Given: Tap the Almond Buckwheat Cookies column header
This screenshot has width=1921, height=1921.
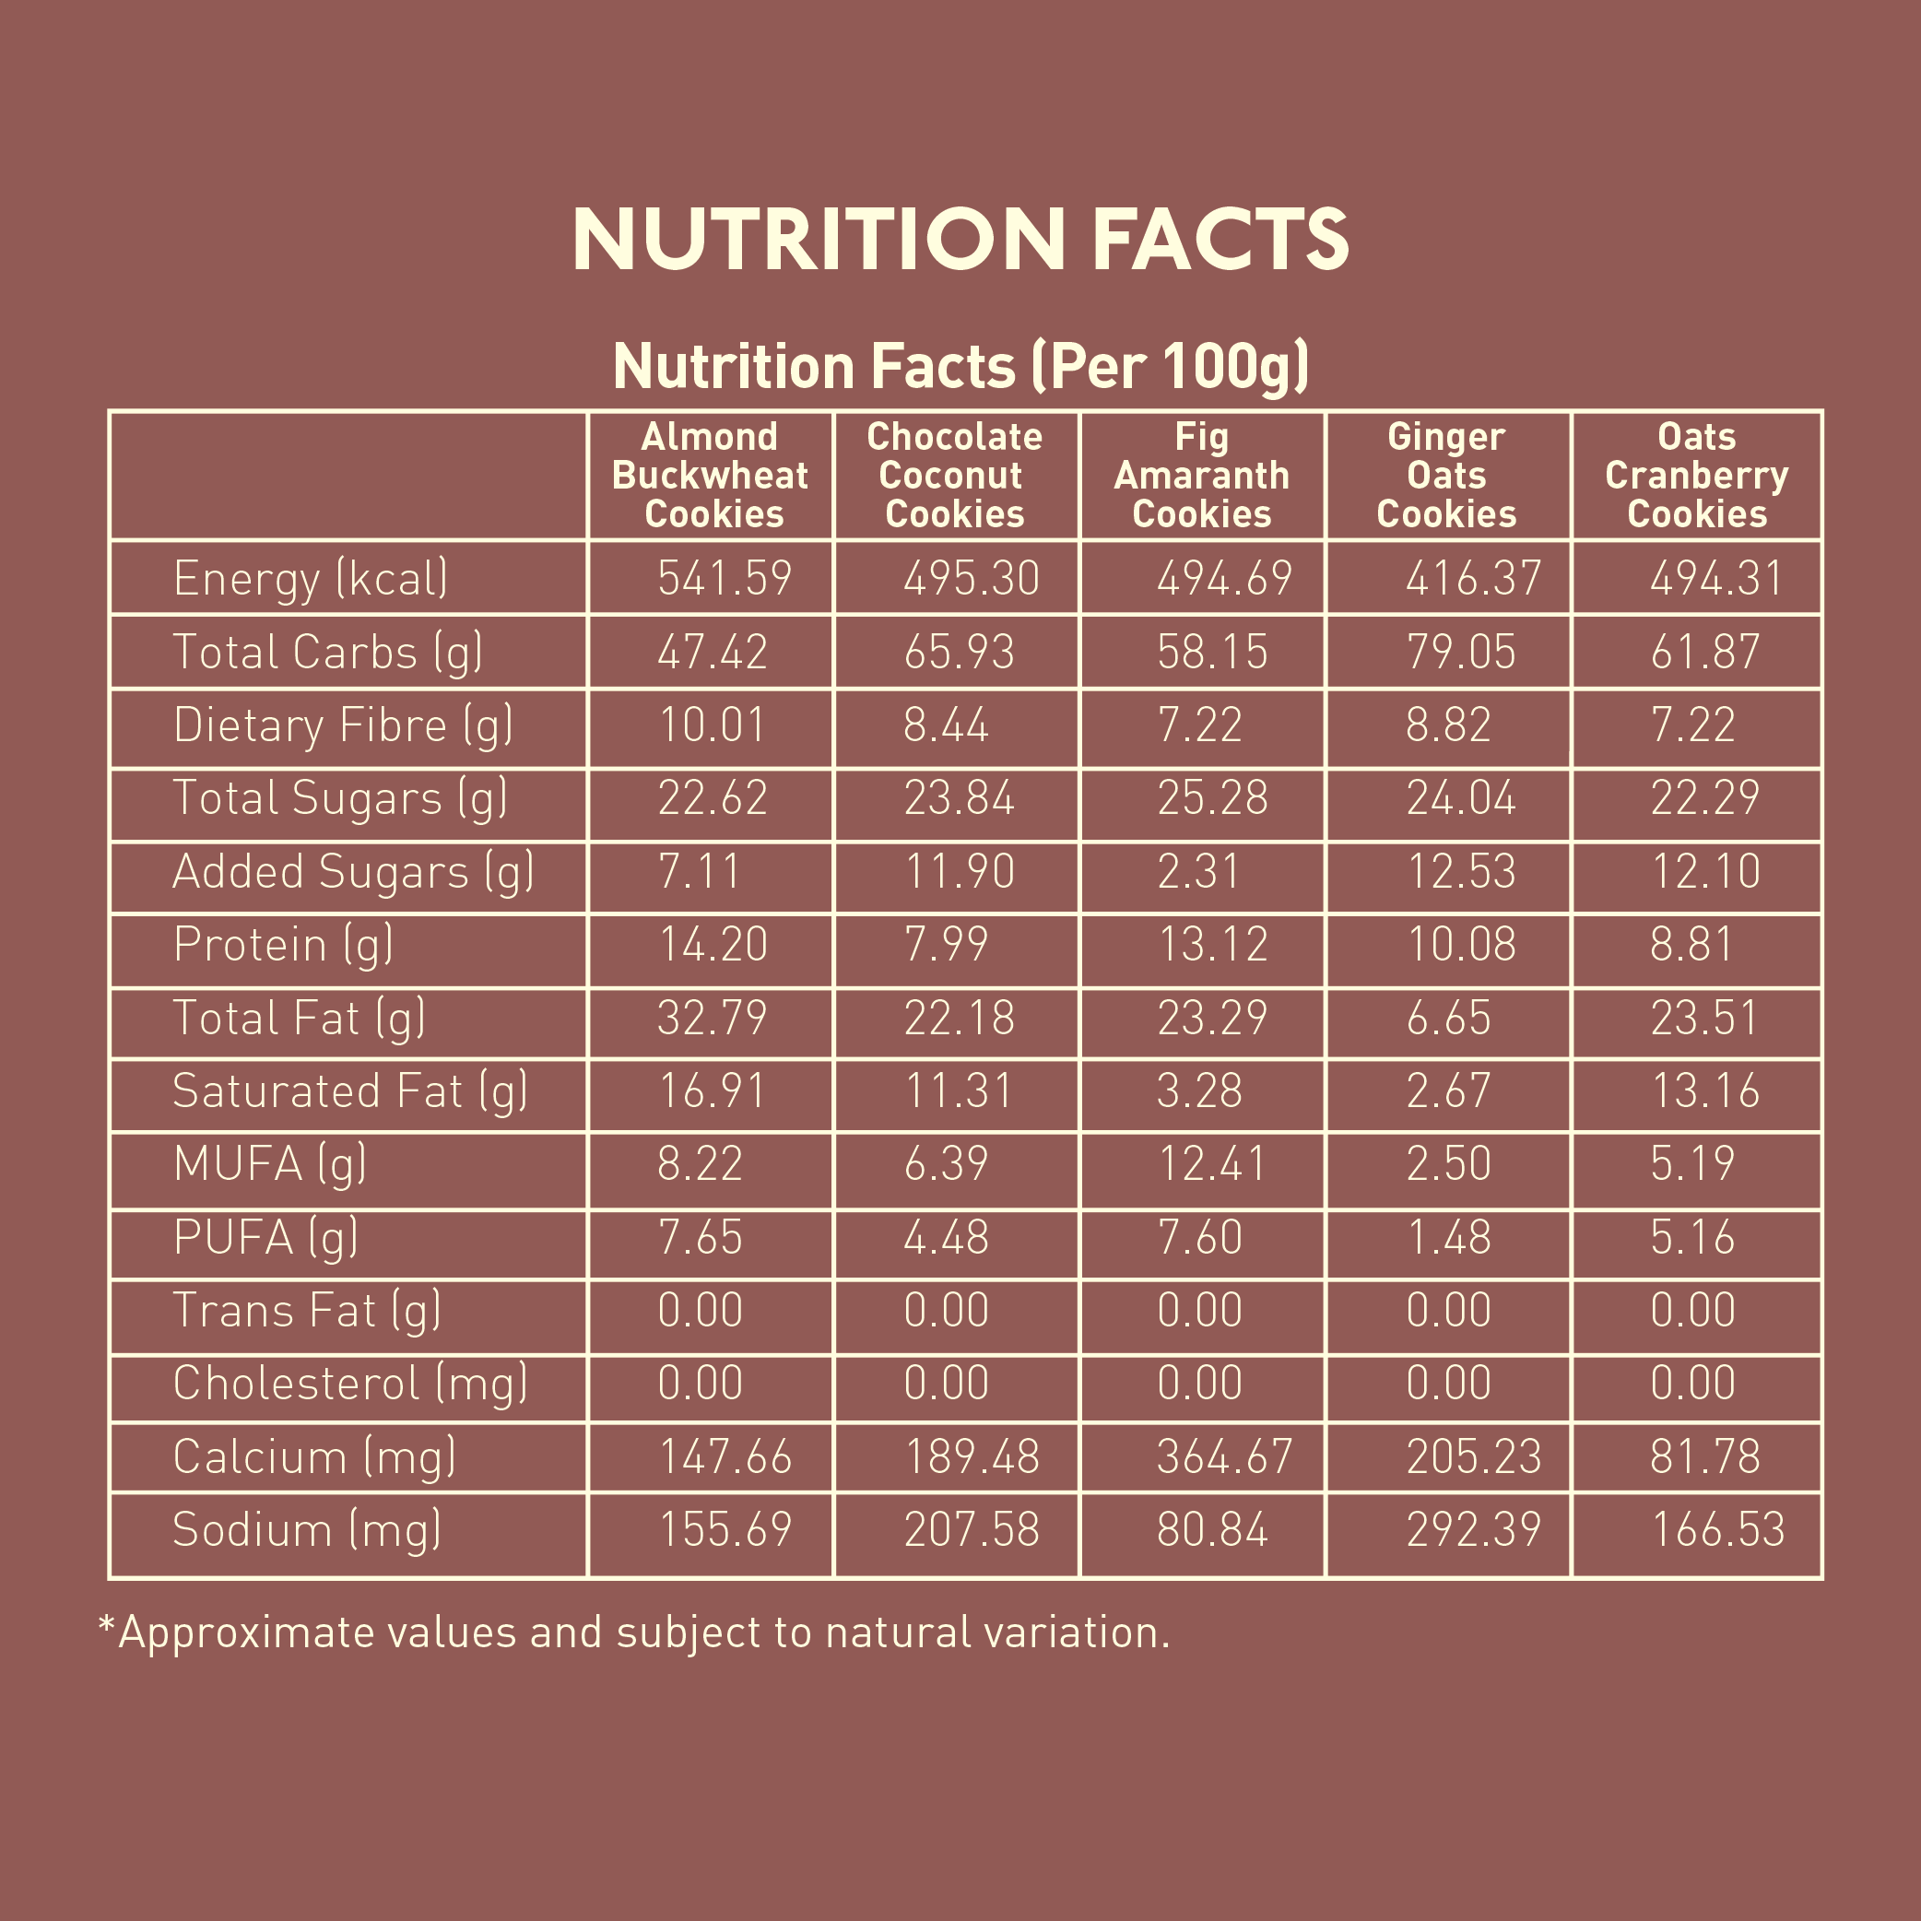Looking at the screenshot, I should coord(710,476).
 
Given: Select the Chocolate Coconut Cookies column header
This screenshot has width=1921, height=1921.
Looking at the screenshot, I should coord(955,476).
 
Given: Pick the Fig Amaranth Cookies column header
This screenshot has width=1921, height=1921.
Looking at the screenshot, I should coord(1201,476).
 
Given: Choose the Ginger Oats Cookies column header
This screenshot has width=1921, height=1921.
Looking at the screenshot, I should coord(1445,476).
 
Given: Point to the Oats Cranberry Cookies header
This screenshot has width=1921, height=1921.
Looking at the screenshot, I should coord(1696,476).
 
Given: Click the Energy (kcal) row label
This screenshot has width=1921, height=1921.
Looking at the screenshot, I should coord(311,579).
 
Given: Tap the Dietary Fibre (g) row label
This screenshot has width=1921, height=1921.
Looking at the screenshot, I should coord(343,725).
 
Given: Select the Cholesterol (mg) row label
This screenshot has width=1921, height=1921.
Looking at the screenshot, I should coord(350,1383).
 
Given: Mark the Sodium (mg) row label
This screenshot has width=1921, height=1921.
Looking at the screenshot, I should coord(307,1529).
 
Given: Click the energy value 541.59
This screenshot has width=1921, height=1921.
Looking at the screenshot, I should coord(724,579).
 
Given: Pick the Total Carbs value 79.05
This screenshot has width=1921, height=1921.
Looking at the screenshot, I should coord(1461,653).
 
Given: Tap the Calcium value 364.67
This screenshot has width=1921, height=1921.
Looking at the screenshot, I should coord(1224,1456).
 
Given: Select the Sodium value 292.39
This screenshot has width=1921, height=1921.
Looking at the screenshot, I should coord(1473,1529).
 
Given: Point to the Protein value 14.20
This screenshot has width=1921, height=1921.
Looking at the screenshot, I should coord(713,945).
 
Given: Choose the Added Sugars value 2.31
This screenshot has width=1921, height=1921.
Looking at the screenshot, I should coord(1198,872).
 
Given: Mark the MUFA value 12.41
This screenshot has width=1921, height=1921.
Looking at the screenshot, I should coord(1212,1164).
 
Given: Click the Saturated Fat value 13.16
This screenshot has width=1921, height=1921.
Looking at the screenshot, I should coord(1704,1090).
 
